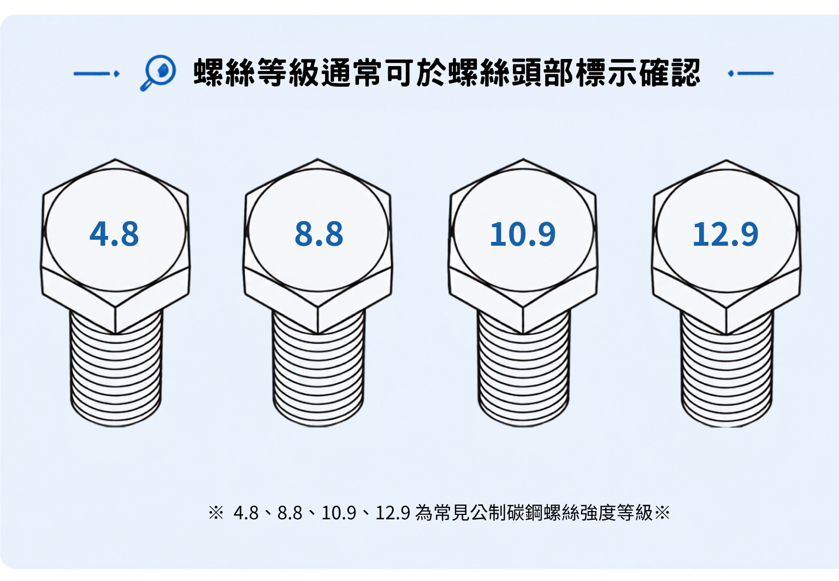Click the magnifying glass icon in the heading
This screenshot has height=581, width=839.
pyautogui.click(x=158, y=73)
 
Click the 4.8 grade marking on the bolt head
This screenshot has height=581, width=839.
pyautogui.click(x=114, y=234)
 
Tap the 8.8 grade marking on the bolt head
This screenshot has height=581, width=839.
pyautogui.click(x=319, y=234)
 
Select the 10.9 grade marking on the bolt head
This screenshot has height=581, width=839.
pyautogui.click(x=523, y=234)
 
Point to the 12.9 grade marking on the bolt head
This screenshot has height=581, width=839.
pyautogui.click(x=725, y=234)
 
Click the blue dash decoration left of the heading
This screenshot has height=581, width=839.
pyautogui.click(x=96, y=73)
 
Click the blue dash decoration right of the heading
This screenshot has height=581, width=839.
pyautogui.click(x=751, y=73)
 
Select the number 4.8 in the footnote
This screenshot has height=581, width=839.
pyautogui.click(x=246, y=513)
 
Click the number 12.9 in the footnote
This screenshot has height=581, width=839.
pyautogui.click(x=393, y=513)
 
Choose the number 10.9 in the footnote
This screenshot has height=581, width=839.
pyautogui.click(x=339, y=513)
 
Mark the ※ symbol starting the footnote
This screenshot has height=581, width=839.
pyautogui.click(x=216, y=513)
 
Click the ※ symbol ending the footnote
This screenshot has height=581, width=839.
pyautogui.click(x=662, y=513)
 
